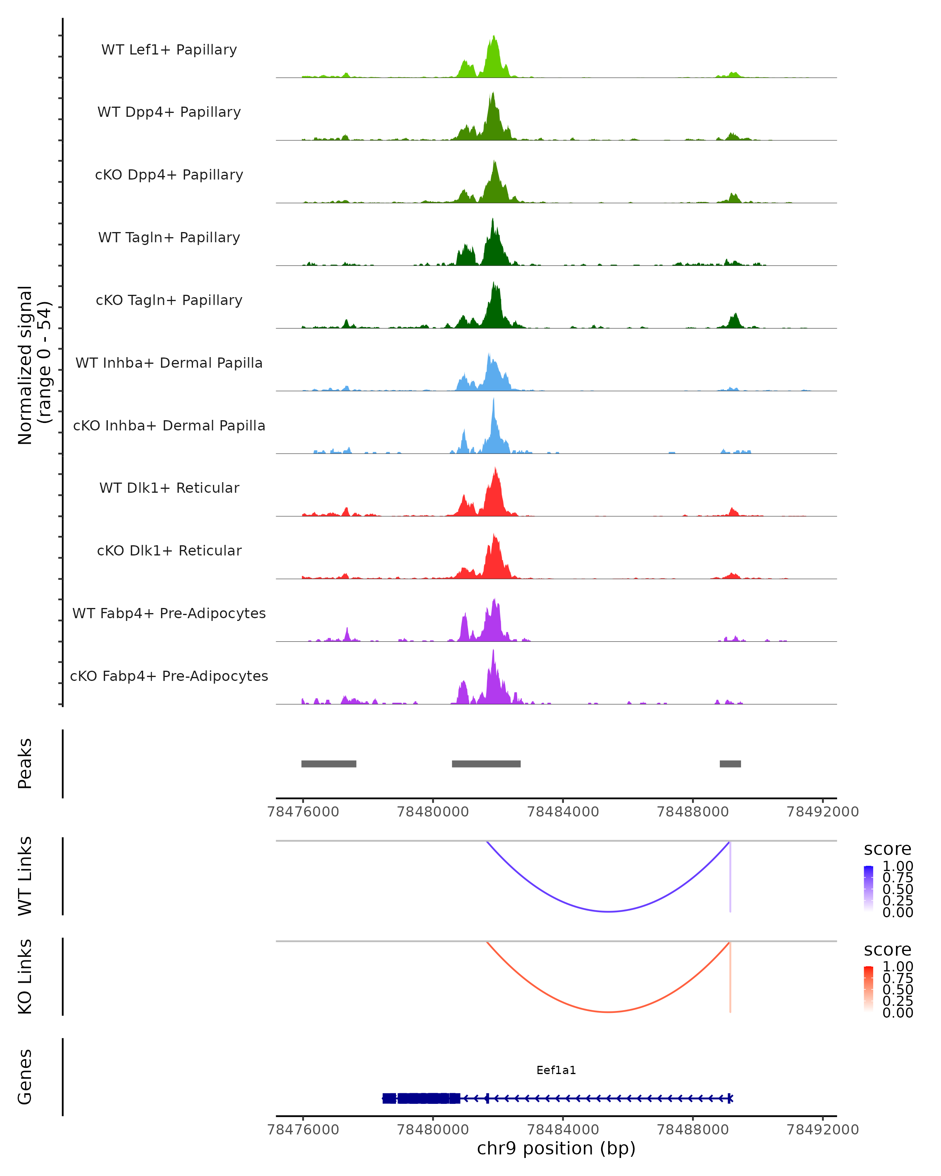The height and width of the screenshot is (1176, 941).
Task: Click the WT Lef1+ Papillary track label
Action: click(x=169, y=50)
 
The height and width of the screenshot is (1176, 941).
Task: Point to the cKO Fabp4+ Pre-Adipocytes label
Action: click(x=169, y=676)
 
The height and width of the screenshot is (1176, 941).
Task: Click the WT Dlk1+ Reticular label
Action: click(x=169, y=488)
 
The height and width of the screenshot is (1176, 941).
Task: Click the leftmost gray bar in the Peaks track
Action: click(x=329, y=764)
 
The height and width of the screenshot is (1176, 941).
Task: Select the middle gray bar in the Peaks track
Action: click(x=486, y=764)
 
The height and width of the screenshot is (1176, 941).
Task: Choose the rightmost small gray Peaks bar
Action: click(x=730, y=764)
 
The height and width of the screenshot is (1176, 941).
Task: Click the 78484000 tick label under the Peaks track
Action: click(x=563, y=812)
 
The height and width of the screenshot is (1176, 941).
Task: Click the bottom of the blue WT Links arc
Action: click(x=608, y=911)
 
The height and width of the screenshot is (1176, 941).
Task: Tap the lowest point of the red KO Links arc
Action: click(x=608, y=1012)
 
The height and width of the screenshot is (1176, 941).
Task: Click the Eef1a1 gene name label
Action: click(x=556, y=1070)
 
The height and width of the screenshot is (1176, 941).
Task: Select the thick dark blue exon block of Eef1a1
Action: click(x=421, y=1098)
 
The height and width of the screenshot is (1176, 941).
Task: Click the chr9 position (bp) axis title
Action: click(x=556, y=1148)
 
